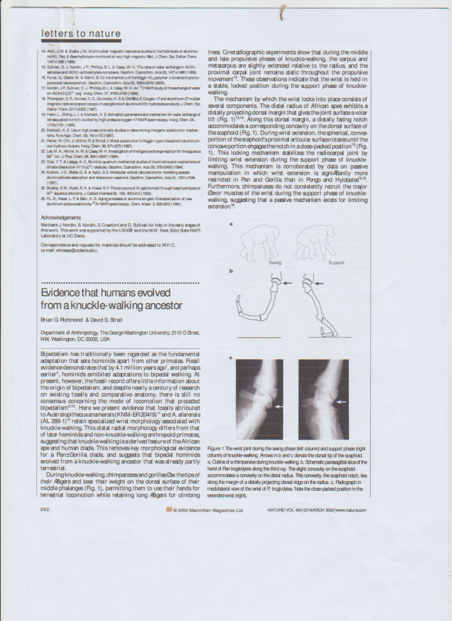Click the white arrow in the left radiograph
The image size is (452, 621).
point(278,405)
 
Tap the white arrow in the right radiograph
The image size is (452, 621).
point(342,401)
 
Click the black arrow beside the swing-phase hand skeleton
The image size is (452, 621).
point(288,283)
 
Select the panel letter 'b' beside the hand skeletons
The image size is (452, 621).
point(231,271)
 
